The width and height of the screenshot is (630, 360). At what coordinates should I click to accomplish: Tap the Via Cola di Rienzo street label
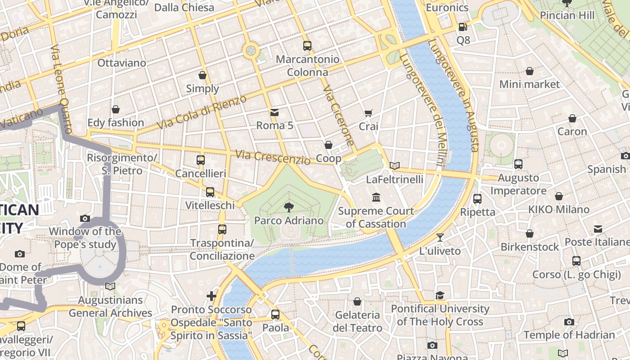202,112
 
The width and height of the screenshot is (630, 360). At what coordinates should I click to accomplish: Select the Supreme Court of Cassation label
376,217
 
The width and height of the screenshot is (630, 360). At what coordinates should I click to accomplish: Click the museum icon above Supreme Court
376,197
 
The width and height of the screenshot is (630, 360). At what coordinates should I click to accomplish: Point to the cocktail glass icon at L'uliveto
440,237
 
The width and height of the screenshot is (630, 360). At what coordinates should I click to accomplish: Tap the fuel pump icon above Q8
463,27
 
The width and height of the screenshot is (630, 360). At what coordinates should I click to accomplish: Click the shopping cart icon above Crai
368,113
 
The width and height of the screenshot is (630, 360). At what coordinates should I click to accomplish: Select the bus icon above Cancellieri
201,160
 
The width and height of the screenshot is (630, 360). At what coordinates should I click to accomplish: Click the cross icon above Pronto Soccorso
211,296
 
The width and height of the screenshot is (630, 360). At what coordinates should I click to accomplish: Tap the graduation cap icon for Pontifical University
440,295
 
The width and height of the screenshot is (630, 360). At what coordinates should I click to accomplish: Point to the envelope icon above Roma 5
274,112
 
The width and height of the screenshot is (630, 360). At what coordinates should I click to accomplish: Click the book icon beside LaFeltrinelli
395,166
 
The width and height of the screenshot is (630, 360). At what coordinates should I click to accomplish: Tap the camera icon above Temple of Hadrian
569,322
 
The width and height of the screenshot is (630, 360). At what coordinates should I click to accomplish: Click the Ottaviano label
121,63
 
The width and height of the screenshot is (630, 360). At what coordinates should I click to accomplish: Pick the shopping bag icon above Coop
328,145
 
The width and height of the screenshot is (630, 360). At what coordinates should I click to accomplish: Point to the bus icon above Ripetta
477,198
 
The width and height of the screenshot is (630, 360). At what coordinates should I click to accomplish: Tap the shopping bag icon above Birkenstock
530,234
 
